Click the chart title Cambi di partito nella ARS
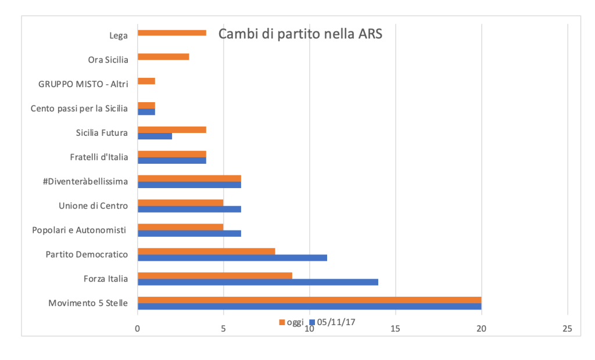[300, 34]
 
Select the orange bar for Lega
[172, 33]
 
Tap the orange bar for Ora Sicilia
[163, 57]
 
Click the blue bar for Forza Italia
[258, 282]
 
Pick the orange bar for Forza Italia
[215, 275]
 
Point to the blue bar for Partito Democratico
[232, 257]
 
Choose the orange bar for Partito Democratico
[206, 251]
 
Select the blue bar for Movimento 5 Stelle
[309, 306]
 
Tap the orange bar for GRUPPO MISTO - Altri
[146, 81]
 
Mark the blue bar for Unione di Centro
[189, 208]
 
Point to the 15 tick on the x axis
[396, 329]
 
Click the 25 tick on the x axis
[567, 329]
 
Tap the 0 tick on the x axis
[138, 329]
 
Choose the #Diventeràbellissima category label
[85, 181]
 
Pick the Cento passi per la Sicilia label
[80, 108]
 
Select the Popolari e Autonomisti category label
[80, 230]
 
